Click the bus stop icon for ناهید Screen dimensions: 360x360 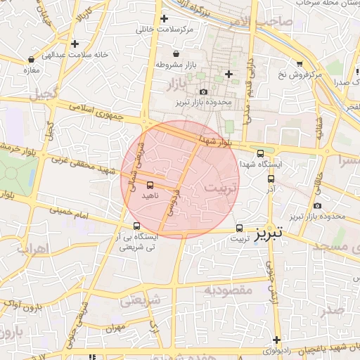click(149, 184)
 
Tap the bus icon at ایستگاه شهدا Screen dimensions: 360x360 click(260, 153)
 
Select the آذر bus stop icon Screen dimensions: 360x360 click(271, 178)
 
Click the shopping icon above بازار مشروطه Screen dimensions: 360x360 click(175, 53)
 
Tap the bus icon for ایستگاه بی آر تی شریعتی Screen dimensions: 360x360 click(136, 226)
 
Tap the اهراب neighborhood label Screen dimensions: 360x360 click(31, 249)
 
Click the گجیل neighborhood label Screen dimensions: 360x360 click(44, 92)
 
